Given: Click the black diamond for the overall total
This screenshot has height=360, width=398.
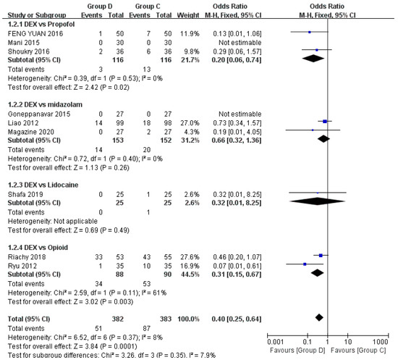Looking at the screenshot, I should coord(319,316).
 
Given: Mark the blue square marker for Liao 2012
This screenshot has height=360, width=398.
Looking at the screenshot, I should coord(325,122).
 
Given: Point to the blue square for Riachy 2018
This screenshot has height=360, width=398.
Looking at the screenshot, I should coord(321,256).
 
